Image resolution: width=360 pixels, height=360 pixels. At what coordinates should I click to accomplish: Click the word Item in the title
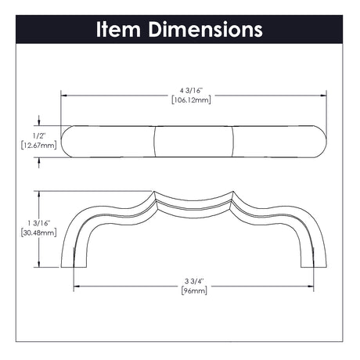click(118, 29)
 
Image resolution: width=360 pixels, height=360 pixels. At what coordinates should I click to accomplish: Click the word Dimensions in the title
click(205, 29)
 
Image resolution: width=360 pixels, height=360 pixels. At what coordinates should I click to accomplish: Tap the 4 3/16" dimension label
click(191, 91)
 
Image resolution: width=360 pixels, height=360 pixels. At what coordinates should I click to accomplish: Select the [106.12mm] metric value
click(191, 99)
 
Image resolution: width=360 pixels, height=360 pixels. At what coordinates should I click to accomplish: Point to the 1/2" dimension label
click(39, 135)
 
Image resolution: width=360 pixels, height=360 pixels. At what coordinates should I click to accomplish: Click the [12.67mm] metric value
click(39, 145)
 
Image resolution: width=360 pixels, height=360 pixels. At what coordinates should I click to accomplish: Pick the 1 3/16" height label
click(39, 223)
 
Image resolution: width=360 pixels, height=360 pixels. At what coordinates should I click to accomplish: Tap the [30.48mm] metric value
click(39, 232)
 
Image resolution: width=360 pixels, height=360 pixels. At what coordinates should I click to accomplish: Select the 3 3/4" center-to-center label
click(194, 281)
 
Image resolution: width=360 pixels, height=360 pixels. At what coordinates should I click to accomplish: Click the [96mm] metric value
click(194, 290)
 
